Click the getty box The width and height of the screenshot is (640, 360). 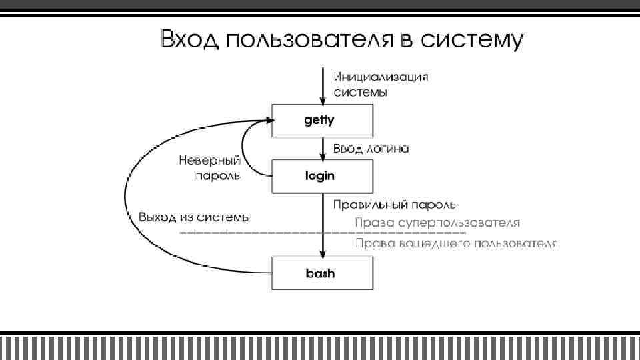pos(321,121)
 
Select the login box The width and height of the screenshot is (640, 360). pos(321,176)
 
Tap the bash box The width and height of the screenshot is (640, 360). pos(321,273)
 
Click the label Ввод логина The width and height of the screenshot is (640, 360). pos(371,148)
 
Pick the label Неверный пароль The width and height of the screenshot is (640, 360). pos(209,169)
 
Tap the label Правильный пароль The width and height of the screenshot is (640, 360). pos(395,203)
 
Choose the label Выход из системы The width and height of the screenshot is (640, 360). pos(195,217)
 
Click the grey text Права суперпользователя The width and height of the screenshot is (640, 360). pos(437,222)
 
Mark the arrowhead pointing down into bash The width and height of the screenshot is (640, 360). pos(323,253)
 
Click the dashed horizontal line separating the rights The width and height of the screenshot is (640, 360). pos(267,233)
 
